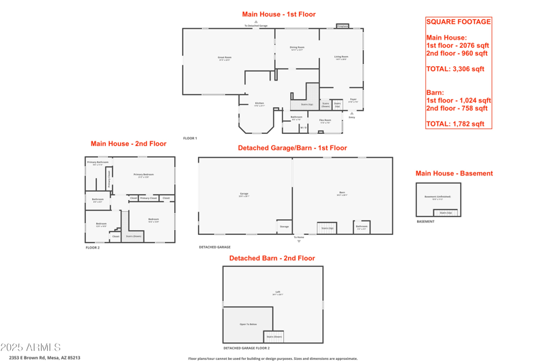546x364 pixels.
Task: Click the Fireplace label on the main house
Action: point(343,26)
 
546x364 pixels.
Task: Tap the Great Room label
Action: point(225,59)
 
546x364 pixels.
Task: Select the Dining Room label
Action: point(297,48)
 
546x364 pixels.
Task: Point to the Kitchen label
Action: point(259,104)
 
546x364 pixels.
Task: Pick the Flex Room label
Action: point(325,121)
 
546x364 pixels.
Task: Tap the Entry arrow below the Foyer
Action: point(352,114)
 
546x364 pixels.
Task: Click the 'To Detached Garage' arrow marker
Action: point(256,23)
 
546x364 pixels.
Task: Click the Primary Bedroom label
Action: point(143,176)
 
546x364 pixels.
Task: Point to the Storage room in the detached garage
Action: point(284,227)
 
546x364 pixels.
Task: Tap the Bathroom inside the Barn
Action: point(362,227)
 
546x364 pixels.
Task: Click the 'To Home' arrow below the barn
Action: point(299,240)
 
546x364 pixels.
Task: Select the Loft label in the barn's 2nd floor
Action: point(278,293)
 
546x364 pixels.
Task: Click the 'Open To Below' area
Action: point(248,324)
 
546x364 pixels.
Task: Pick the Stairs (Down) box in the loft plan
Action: point(274,336)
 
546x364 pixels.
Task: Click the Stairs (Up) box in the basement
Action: point(446,213)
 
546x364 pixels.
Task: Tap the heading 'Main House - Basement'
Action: point(454,173)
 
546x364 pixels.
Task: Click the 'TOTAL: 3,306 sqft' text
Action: point(455,69)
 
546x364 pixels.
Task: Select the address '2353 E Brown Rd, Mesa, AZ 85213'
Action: point(44,357)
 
